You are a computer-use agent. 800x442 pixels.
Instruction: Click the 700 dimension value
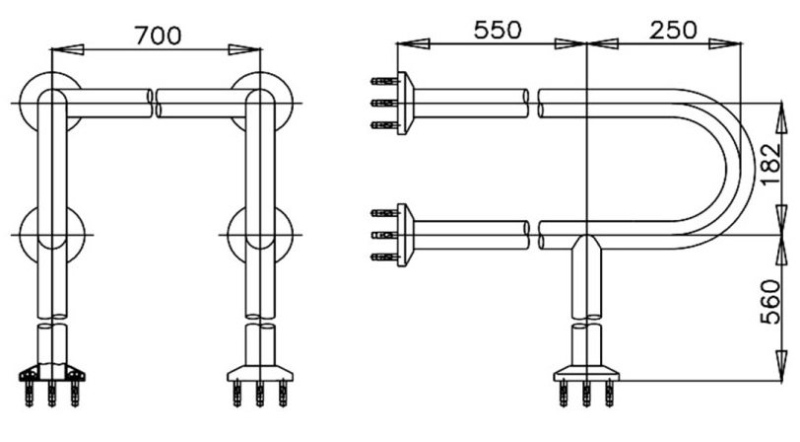(x=157, y=36)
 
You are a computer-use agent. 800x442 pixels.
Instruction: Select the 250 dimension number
(x=672, y=30)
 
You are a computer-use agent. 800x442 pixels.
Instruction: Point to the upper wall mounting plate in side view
(x=405, y=102)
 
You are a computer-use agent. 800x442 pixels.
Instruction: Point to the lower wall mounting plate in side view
(x=405, y=233)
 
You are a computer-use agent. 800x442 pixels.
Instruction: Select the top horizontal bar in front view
(x=158, y=102)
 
